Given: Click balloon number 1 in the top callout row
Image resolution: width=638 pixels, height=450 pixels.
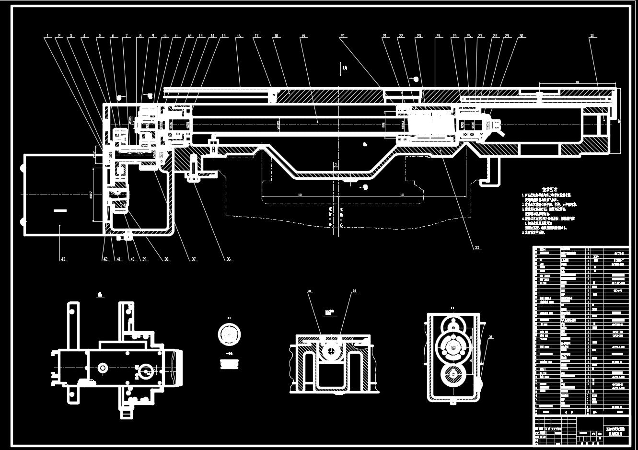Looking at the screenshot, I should coord(47,36).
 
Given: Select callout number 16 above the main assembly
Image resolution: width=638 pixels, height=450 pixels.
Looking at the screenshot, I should coord(238,36).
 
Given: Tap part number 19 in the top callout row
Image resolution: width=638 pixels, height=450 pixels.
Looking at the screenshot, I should coord(303,36).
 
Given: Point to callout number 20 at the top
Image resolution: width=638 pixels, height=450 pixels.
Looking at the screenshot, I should coord(342,36).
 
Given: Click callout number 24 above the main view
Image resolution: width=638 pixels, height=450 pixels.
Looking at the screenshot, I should coord(438,36).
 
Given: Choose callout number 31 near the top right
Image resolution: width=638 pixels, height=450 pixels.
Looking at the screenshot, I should coord(592,36).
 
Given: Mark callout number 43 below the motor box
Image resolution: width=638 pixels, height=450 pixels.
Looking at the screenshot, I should coord(63,259).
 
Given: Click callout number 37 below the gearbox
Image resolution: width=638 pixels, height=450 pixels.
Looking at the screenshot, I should coord(194,259).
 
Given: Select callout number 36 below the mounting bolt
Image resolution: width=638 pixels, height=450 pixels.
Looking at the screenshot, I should coord(229,259).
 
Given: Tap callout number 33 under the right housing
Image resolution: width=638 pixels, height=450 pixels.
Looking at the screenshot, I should coord(476,248).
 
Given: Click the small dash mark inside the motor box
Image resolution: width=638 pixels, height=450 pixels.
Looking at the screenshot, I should coord(59,210).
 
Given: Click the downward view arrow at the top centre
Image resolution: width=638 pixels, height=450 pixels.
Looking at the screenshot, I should coord(339,69).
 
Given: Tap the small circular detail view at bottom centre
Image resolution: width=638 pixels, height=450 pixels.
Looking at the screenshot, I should coord(229,334).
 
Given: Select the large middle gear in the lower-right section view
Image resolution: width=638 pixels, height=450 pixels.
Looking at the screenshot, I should coord(452,345).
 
